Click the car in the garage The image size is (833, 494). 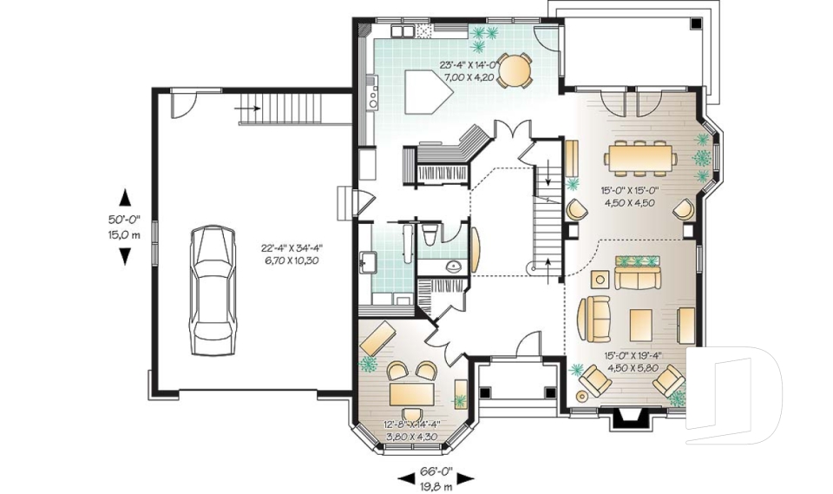(x=212, y=290)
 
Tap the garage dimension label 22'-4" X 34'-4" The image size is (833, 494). (x=292, y=247)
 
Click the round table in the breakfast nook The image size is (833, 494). (x=515, y=70)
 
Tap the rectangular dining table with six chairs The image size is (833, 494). (x=640, y=159)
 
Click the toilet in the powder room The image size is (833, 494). (x=430, y=234)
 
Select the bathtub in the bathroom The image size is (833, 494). (x=409, y=244)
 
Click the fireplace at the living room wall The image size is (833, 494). (x=628, y=417)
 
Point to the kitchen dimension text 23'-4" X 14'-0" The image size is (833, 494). (x=468, y=65)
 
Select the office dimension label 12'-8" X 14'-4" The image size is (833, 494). (x=411, y=425)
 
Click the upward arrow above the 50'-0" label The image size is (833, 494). (x=125, y=198)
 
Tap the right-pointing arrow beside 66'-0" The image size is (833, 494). (x=465, y=478)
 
